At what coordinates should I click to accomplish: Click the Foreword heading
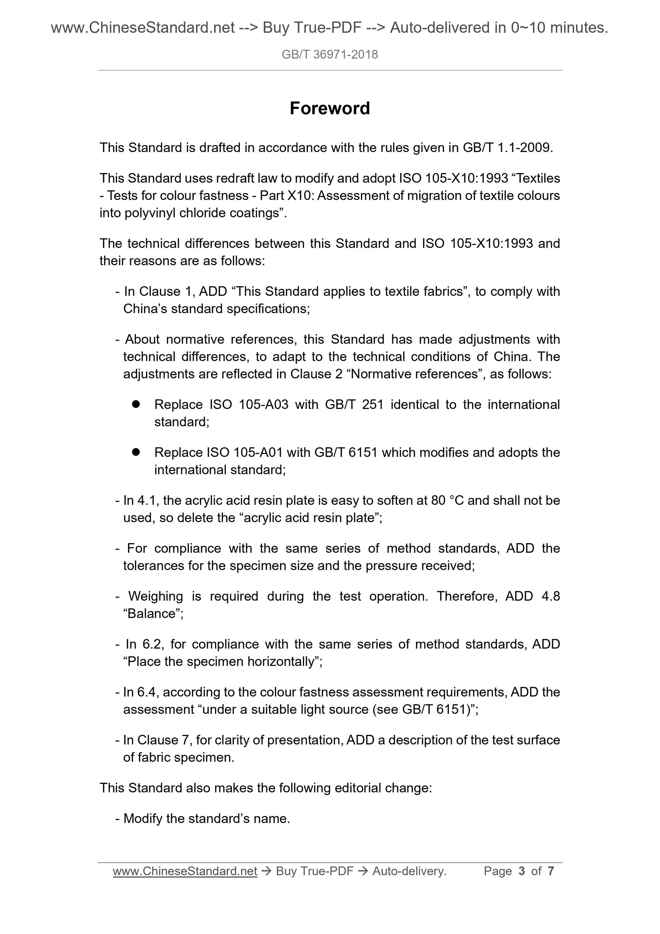[x=329, y=109]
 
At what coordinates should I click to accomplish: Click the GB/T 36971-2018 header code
[x=329, y=55]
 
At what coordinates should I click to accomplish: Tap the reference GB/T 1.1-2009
[x=507, y=148]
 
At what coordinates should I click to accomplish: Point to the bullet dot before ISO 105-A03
[x=136, y=404]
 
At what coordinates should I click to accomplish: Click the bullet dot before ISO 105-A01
[x=136, y=452]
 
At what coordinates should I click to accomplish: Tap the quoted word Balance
[x=153, y=613]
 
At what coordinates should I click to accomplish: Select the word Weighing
[x=156, y=596]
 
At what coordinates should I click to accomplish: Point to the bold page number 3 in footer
[x=521, y=871]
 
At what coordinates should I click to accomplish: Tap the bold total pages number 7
[x=551, y=871]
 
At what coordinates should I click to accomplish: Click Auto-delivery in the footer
[x=409, y=871]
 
